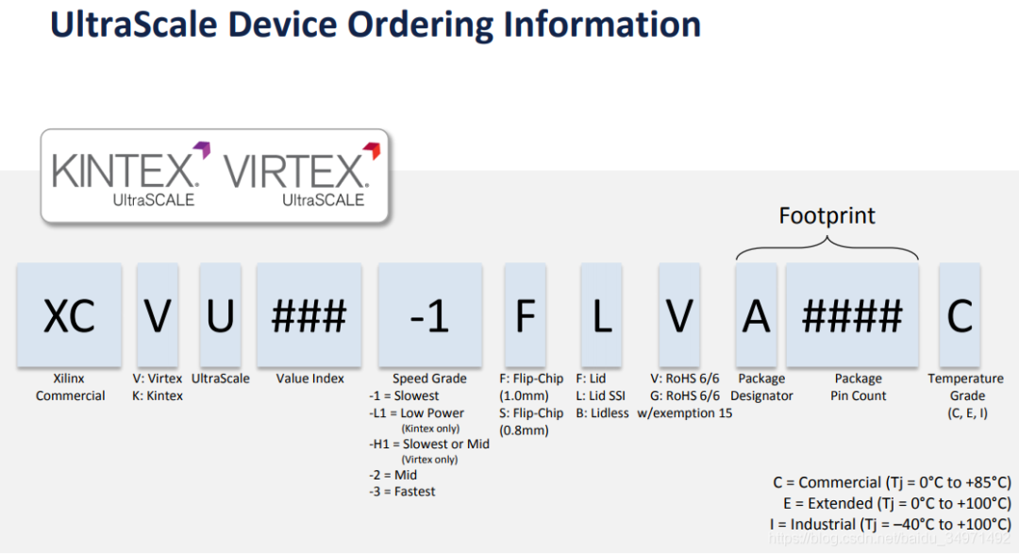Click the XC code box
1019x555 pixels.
[69, 315]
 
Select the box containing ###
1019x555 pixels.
[309, 315]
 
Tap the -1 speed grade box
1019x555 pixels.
[429, 315]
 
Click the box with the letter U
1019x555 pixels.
[220, 315]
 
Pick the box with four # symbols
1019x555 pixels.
[852, 315]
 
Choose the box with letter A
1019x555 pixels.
[756, 315]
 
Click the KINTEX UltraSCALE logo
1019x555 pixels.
[125, 176]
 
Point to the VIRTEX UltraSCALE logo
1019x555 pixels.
[295, 176]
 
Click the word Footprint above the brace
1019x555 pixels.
[827, 215]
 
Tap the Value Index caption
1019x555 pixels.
[310, 378]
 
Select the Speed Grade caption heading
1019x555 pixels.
[429, 378]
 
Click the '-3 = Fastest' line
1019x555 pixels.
[403, 492]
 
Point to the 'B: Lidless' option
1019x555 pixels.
[603, 413]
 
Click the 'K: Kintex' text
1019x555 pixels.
[158, 395]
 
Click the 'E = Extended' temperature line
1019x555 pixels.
[895, 503]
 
